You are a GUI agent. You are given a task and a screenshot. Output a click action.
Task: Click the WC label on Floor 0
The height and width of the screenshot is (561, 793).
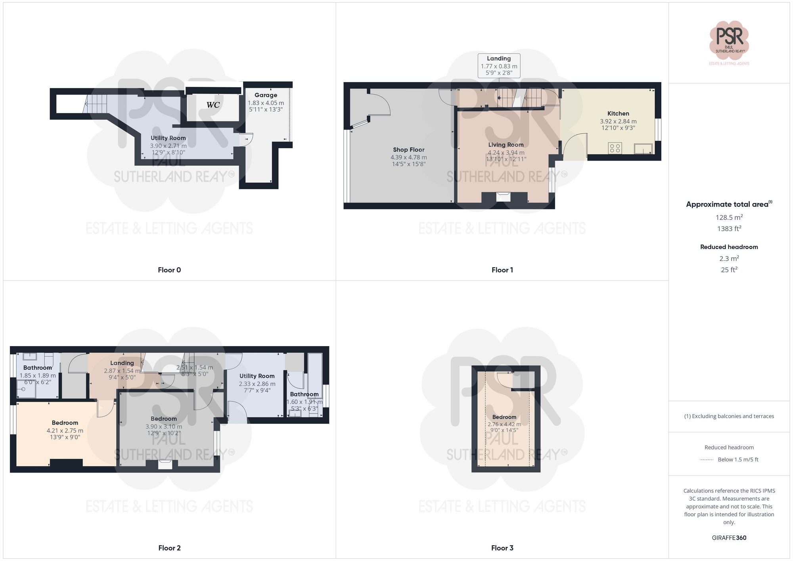(213, 105)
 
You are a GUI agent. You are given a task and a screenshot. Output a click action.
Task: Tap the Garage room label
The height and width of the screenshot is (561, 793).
(266, 95)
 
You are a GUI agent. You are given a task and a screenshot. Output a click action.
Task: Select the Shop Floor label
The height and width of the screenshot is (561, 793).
(408, 150)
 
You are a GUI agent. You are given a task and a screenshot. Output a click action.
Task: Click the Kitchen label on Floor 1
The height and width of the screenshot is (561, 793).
(618, 114)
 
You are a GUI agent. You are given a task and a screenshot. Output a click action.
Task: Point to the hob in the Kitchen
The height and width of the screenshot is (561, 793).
(615, 148)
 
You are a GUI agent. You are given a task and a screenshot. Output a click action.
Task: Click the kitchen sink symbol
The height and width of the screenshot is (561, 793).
(643, 149)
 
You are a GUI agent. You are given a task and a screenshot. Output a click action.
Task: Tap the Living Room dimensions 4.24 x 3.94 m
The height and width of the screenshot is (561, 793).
(506, 153)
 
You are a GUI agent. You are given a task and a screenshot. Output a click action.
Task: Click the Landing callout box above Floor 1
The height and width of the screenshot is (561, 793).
(499, 65)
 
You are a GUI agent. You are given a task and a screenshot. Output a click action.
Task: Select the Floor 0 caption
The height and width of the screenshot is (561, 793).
(169, 270)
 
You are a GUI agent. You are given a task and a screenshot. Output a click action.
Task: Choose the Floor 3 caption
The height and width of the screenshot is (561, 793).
(502, 548)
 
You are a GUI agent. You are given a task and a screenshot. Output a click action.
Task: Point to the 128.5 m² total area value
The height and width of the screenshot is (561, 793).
(729, 217)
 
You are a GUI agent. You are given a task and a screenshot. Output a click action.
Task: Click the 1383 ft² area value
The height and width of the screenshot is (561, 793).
(729, 229)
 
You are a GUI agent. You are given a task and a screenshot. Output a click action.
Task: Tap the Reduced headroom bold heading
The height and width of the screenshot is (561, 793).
(729, 247)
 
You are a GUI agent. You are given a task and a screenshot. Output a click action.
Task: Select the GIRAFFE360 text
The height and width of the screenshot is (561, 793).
(729, 538)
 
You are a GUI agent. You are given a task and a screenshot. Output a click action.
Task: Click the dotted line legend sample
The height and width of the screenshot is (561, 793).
(707, 460)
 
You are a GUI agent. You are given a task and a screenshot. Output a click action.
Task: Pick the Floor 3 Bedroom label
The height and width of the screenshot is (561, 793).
(504, 417)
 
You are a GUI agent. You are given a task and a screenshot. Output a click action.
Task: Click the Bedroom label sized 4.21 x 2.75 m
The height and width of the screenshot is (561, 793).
(65, 423)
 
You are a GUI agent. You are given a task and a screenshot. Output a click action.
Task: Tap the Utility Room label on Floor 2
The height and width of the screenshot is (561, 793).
(257, 376)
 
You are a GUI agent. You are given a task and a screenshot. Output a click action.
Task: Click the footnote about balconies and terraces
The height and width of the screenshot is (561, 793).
(729, 416)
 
